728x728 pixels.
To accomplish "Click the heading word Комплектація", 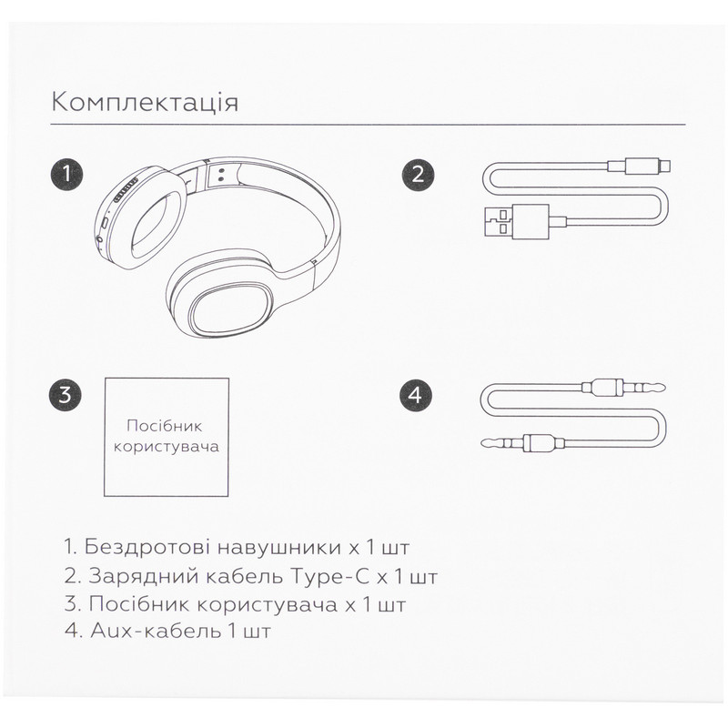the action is [146, 103].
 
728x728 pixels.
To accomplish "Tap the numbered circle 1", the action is [66, 175].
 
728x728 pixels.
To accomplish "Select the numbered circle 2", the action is [419, 175].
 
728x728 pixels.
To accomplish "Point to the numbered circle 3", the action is [65, 395].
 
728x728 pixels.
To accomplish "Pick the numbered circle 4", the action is [415, 395].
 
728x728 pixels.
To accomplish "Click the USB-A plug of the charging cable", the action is [516, 222].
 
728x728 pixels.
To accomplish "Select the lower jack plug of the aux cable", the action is [522, 443].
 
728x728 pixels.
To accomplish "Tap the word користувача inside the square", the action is [167, 447].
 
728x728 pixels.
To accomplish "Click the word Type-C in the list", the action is [329, 577].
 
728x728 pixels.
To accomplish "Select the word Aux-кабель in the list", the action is [156, 631].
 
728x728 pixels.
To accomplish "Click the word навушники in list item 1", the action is [279, 548].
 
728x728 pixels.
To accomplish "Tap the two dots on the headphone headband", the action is [221, 175].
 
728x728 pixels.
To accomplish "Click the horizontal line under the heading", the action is [368, 125].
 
